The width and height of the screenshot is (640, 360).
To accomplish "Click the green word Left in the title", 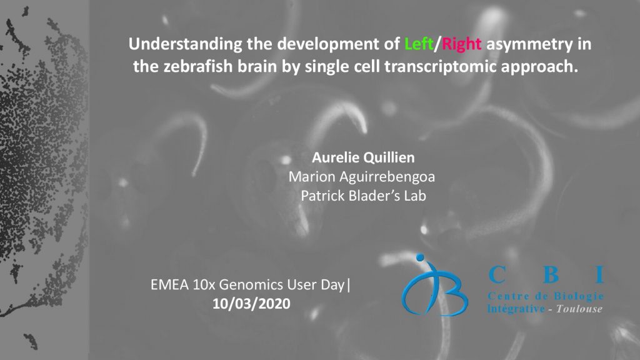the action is tap(419, 44).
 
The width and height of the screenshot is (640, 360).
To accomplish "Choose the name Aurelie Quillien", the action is tap(363, 157).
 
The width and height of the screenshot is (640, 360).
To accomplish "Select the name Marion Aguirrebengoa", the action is tap(362, 177).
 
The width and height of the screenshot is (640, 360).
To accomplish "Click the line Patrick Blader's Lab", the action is tap(363, 196).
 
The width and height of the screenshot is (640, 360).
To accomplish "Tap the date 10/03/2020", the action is tap(251, 304).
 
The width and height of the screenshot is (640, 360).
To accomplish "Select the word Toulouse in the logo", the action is tap(579, 309).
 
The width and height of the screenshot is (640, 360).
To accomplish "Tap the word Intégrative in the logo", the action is tap(516, 309).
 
